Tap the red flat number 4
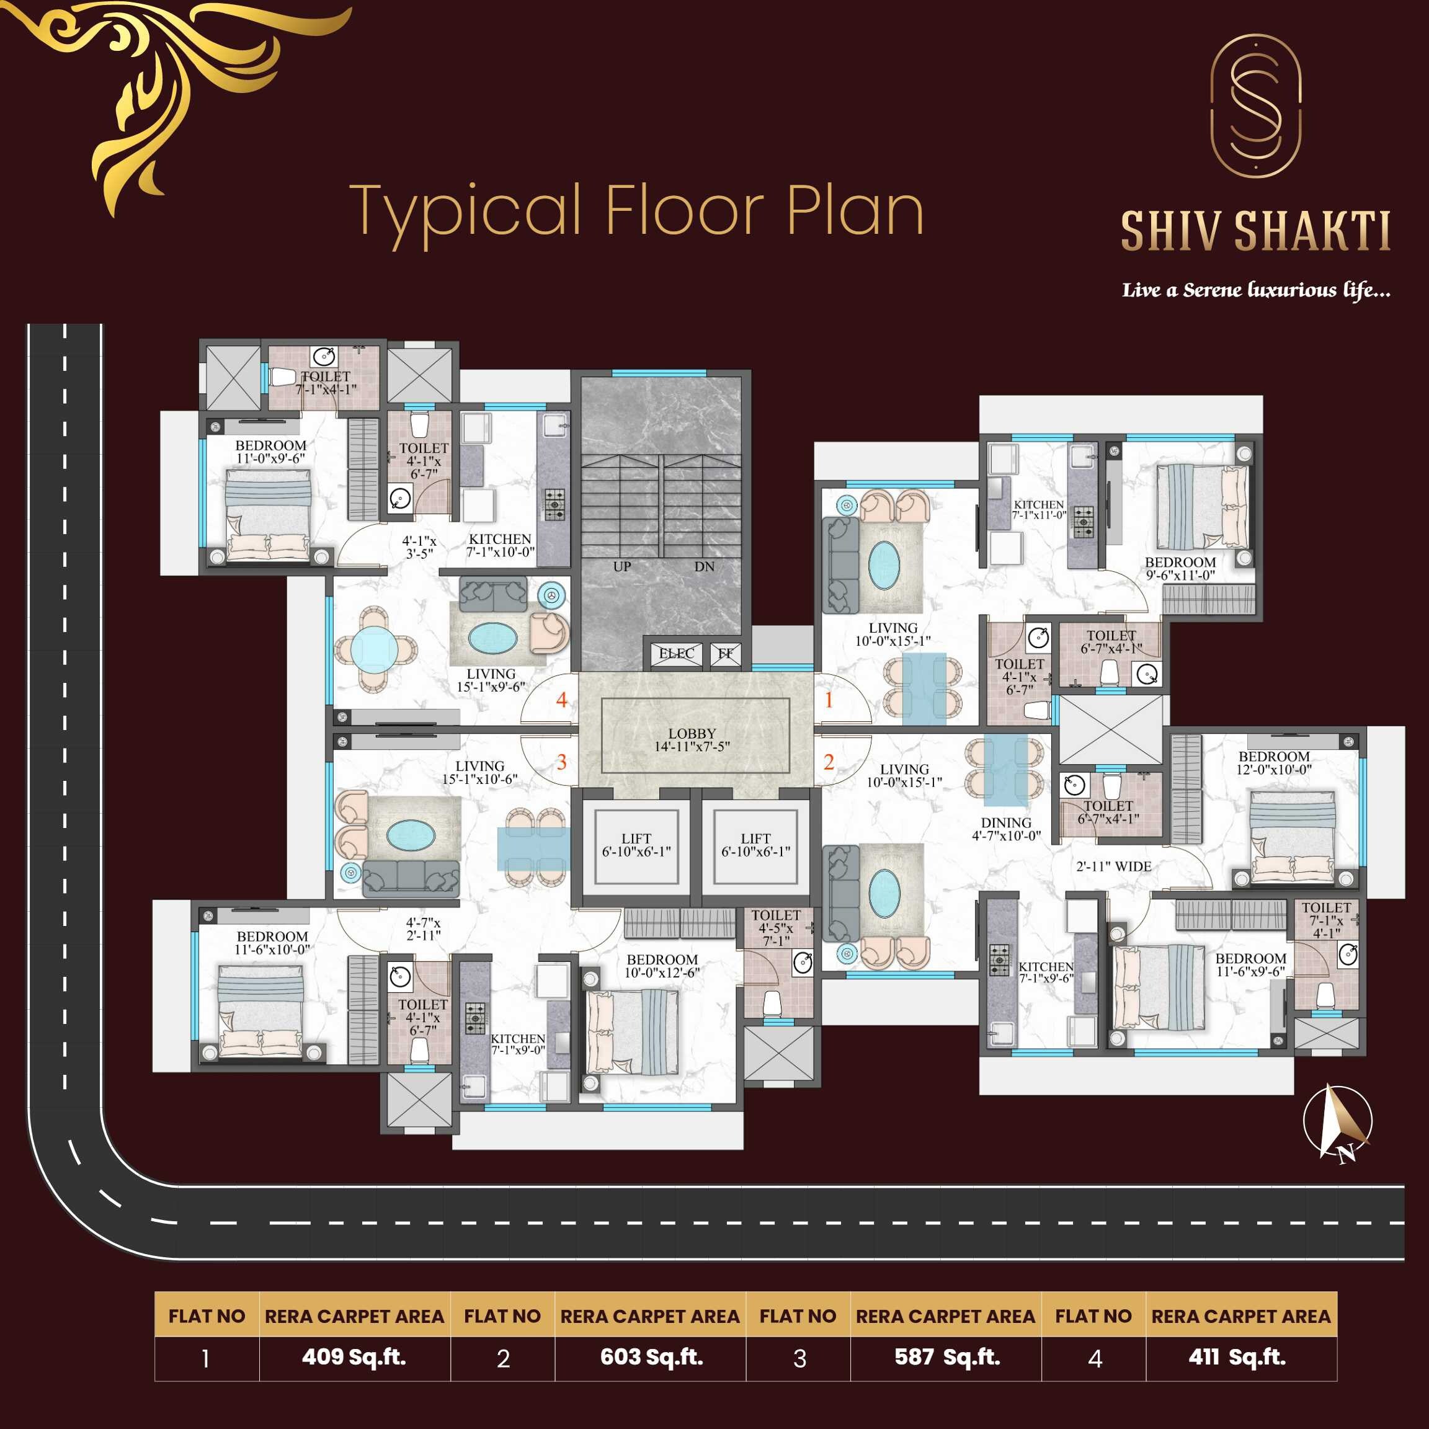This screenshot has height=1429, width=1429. [562, 700]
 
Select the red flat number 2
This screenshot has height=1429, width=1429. [829, 762]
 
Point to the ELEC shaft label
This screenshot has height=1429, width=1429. [676, 653]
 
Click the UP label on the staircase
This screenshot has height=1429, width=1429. [622, 566]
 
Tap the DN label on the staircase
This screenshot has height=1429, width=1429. [704, 566]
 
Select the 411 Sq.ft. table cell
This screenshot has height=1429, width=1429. [1237, 1357]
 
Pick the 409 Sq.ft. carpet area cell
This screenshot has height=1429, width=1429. [354, 1357]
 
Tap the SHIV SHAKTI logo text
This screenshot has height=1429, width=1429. [1255, 231]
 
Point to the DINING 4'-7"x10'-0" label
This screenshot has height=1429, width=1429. [1006, 829]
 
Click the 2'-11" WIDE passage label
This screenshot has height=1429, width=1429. [1113, 866]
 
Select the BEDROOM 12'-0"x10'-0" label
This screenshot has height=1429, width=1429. [1274, 763]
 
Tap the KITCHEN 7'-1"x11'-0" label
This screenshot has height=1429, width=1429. [1039, 510]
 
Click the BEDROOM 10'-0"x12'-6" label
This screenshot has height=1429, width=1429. [662, 966]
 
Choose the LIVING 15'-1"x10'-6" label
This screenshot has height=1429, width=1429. [479, 773]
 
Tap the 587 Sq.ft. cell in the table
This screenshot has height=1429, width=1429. [946, 1357]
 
